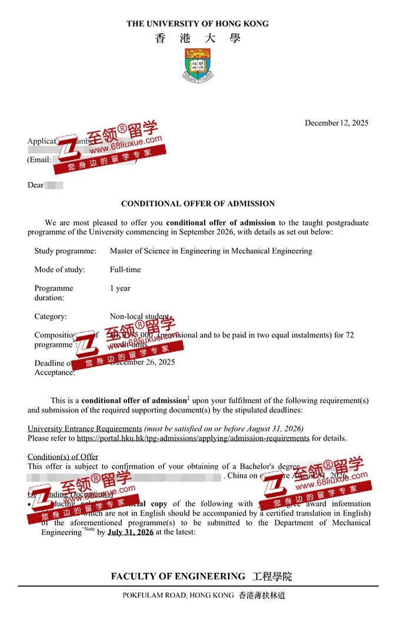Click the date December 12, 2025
pos(336,123)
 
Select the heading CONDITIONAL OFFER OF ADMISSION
pos(198,204)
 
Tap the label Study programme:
pos(65,251)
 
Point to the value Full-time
pos(125,270)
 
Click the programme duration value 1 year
pos(120,288)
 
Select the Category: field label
pos(51,317)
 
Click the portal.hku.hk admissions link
pos(193,438)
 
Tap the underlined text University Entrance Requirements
pos(85,429)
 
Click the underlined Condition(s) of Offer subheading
pos(63,457)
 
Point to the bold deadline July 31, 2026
pos(130,532)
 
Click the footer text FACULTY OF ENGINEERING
pos(178,577)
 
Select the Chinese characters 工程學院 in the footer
pos(272,577)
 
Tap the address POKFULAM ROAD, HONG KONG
pos(177,596)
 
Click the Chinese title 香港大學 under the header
pos(198,38)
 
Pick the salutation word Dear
pos(35,185)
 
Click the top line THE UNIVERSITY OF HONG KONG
pos(198,24)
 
